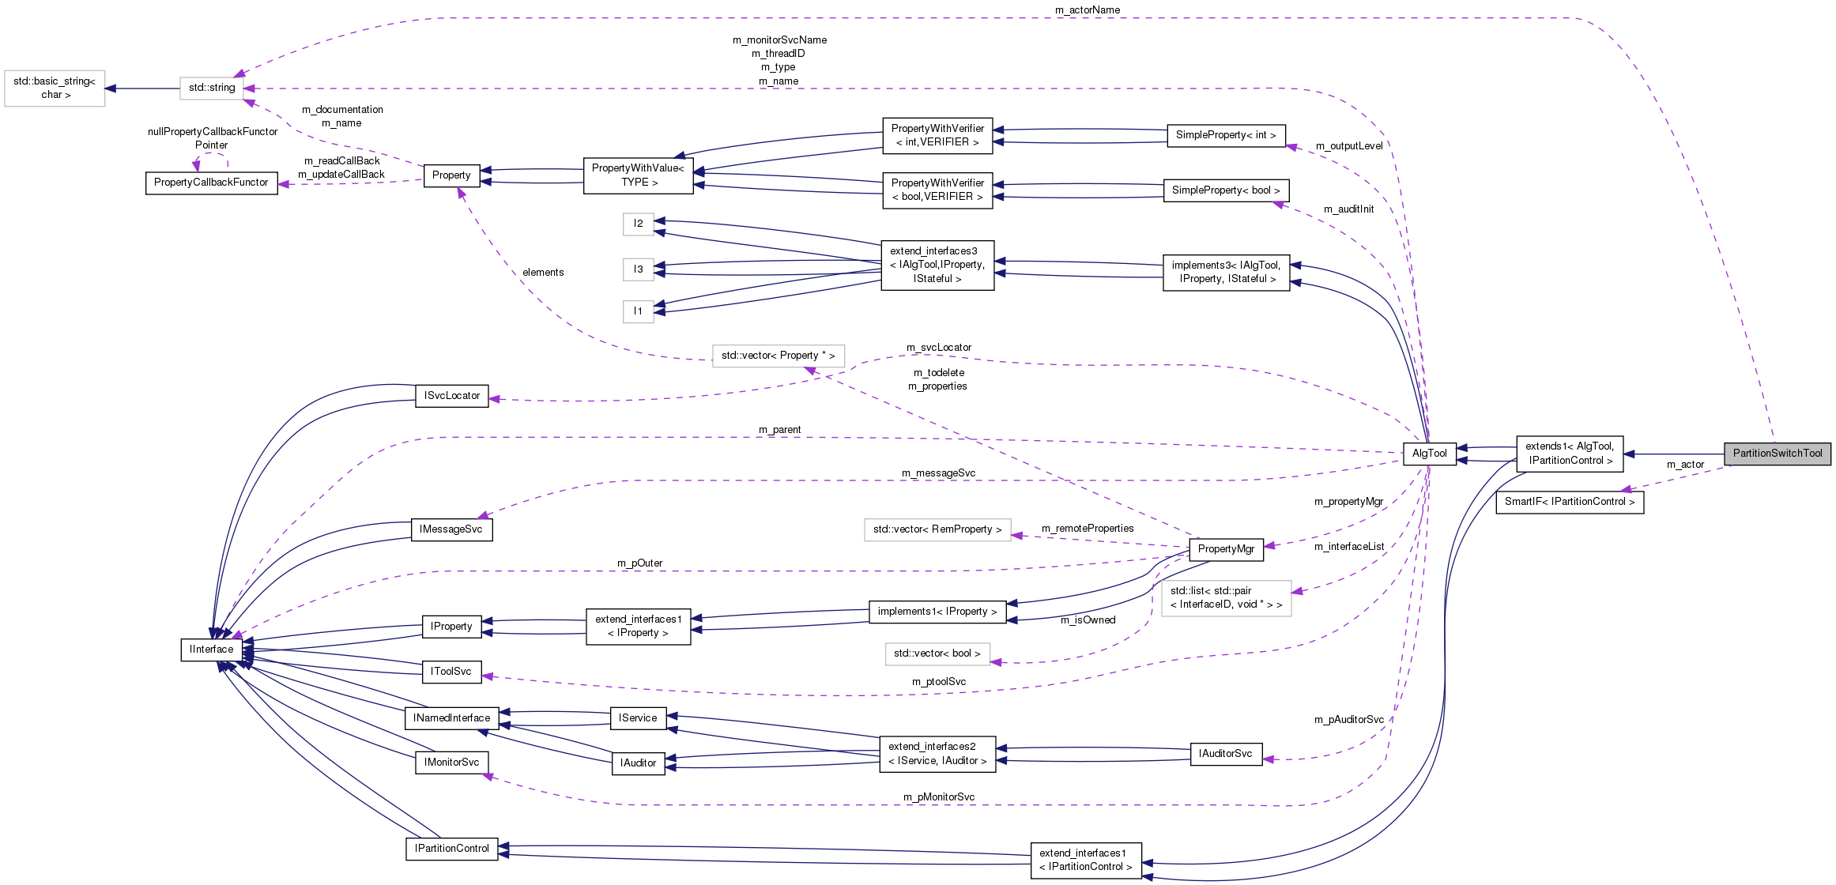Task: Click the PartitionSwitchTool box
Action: pos(1777,454)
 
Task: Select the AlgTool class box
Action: pos(1429,454)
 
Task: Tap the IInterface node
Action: pos(211,650)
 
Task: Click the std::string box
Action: pos(212,88)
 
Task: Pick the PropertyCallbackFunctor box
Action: pos(211,183)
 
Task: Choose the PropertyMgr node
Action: pos(1226,549)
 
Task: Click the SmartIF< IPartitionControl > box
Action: pos(1569,502)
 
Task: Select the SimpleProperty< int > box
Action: pos(1226,135)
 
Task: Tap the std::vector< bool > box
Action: pos(937,653)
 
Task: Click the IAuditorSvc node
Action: pos(1225,754)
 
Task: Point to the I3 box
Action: pos(638,269)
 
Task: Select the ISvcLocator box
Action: pos(451,396)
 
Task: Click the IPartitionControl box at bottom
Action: pos(451,849)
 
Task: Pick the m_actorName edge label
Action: pos(1087,10)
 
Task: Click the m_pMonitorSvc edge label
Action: pos(938,797)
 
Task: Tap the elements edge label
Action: pos(543,273)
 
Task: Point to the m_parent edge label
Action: pos(779,430)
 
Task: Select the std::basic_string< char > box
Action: pos(55,88)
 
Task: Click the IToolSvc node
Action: pos(451,672)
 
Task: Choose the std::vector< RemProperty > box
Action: pos(937,529)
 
